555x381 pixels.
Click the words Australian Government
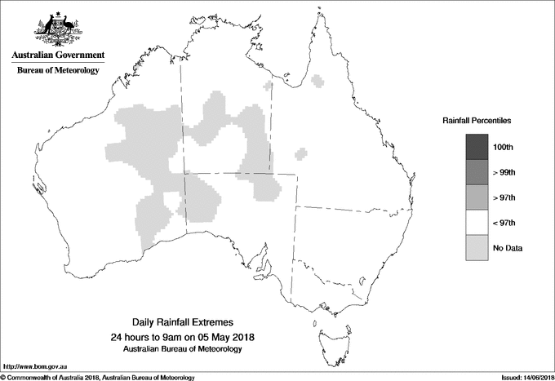pyautogui.click(x=58, y=55)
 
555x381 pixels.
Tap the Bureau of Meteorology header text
pyautogui.click(x=58, y=71)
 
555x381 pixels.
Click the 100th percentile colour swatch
pyautogui.click(x=477, y=146)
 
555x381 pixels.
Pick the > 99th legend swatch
pyautogui.click(x=477, y=171)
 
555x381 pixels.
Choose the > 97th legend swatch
pyautogui.click(x=477, y=197)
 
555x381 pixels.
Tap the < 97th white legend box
pyautogui.click(x=477, y=222)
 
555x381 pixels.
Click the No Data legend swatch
pyautogui.click(x=477, y=247)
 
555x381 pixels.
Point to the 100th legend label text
pyautogui.click(x=504, y=147)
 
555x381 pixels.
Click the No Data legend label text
pyautogui.click(x=507, y=248)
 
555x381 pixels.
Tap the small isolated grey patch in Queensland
pyautogui.click(x=302, y=153)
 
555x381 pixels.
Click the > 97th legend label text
pyautogui.click(x=505, y=197)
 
